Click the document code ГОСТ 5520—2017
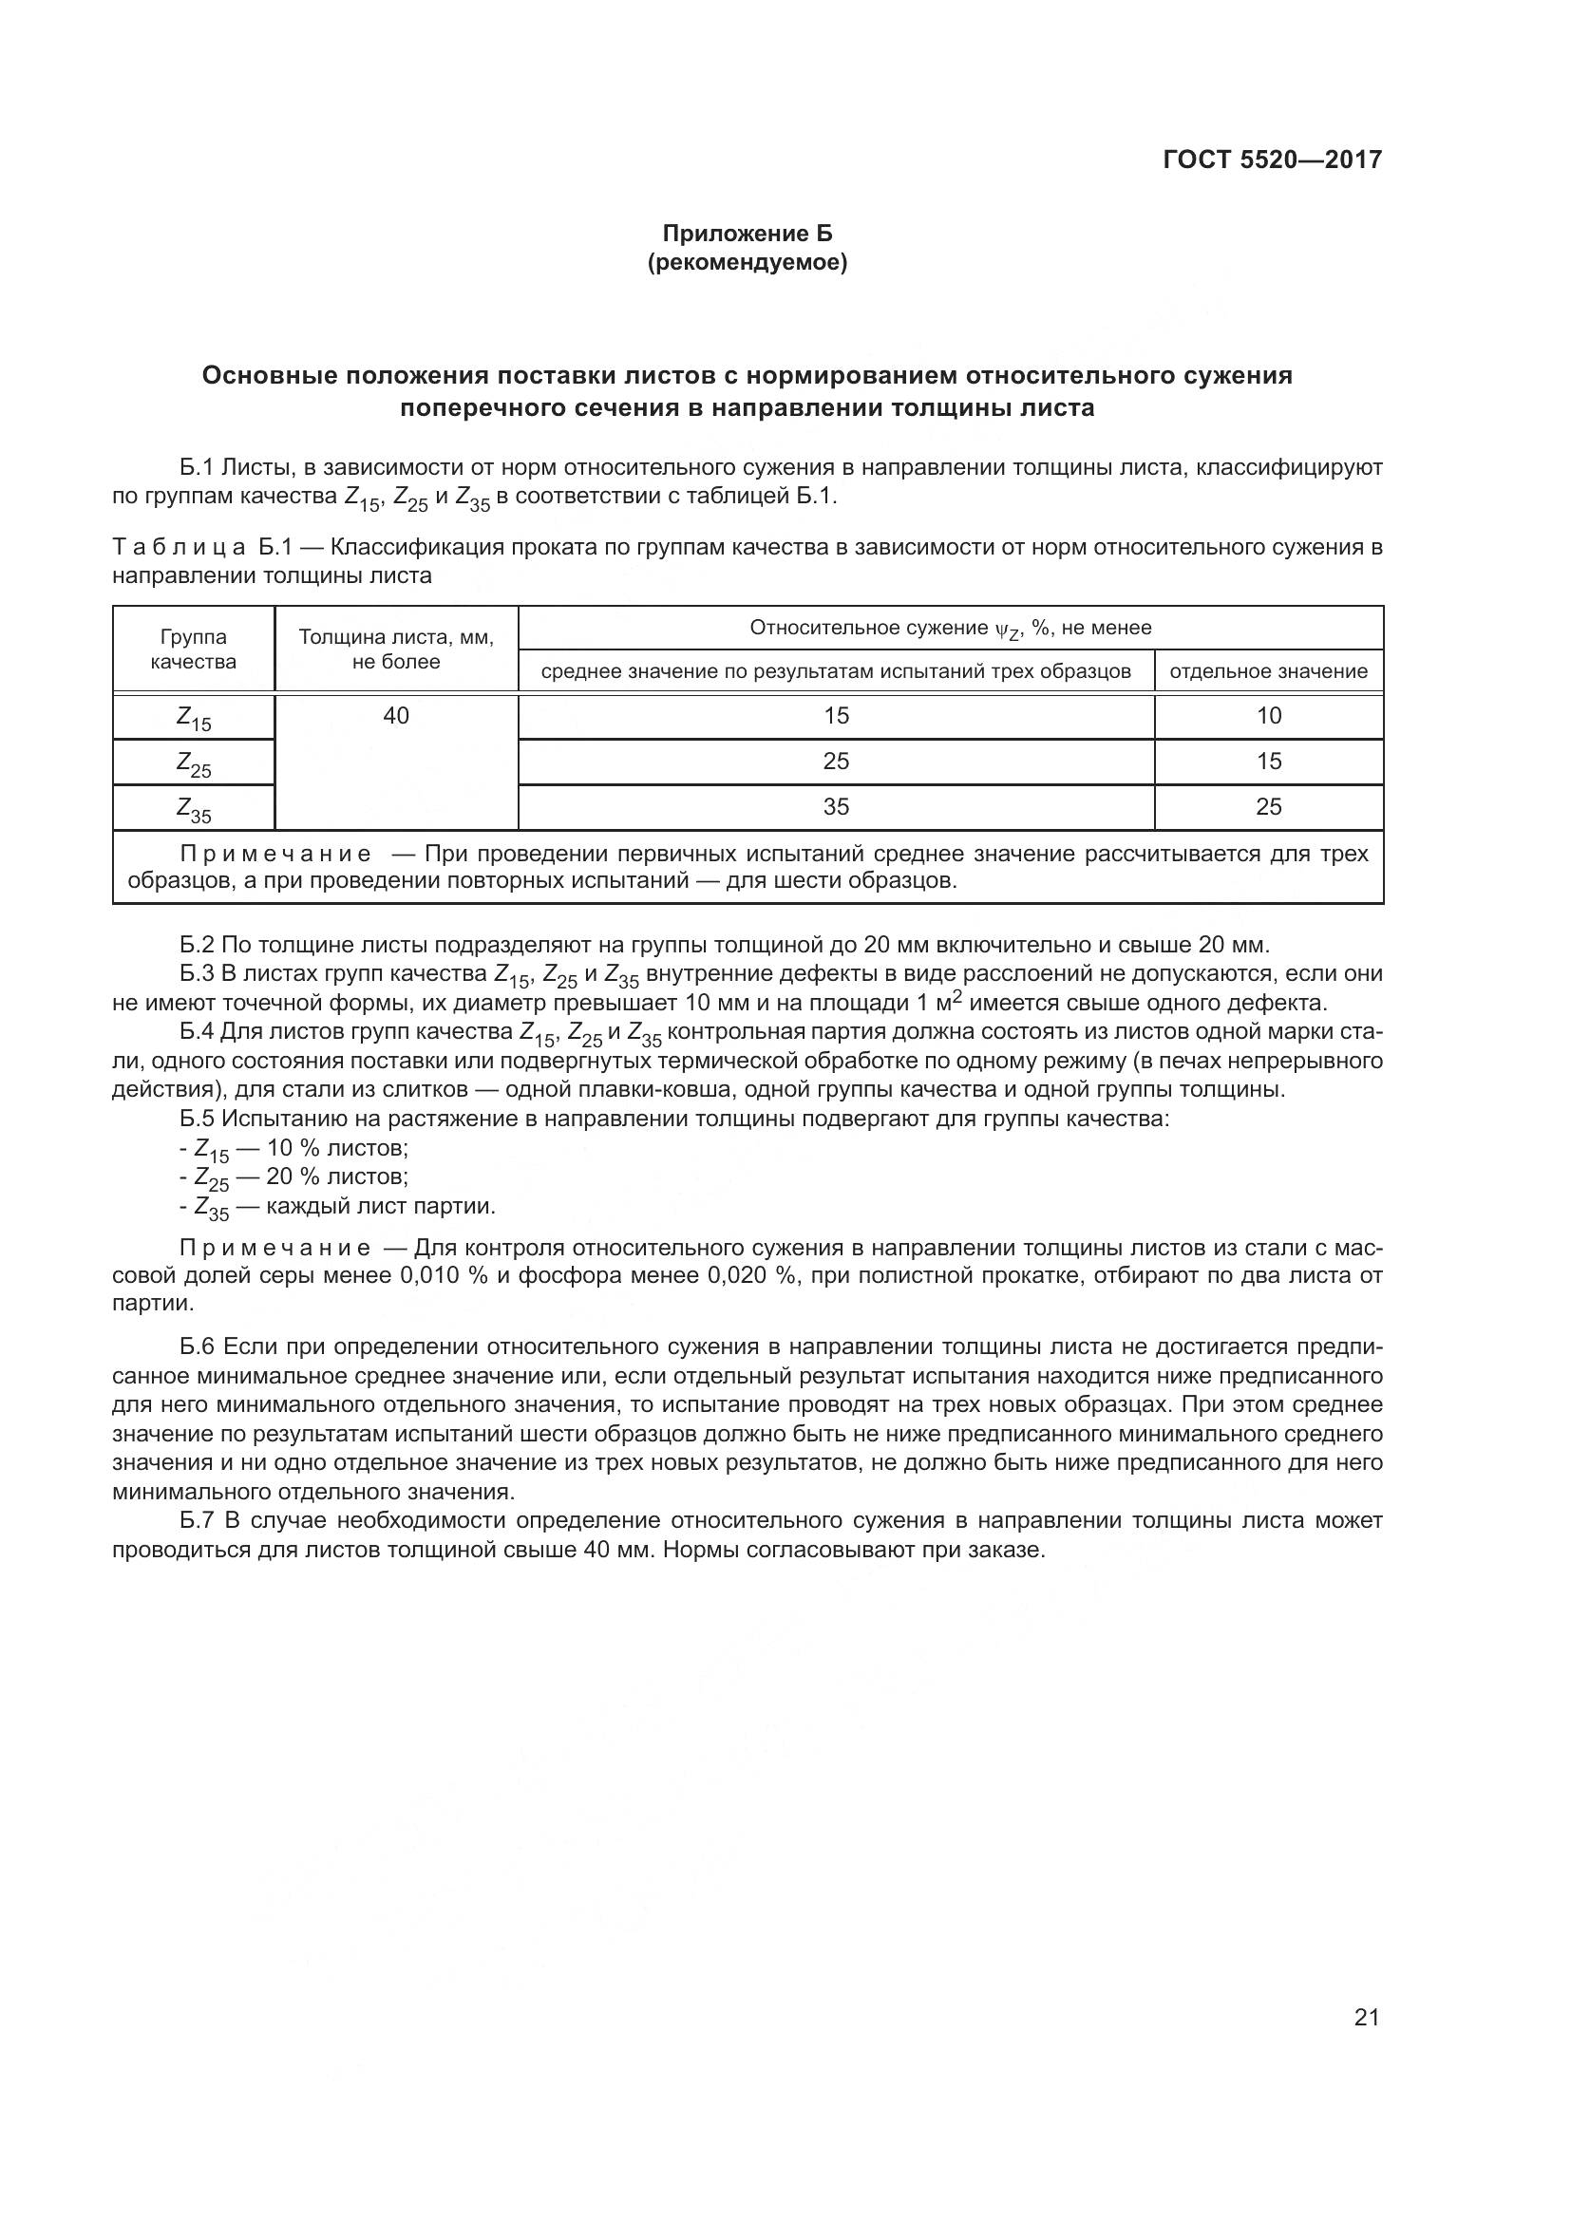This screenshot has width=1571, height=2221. click(1272, 160)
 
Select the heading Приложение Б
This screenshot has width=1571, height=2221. click(747, 234)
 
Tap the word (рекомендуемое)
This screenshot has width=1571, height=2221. click(747, 263)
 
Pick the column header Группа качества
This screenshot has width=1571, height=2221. click(194, 649)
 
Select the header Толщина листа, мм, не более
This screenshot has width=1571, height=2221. click(396, 649)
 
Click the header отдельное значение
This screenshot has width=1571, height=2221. click(1268, 671)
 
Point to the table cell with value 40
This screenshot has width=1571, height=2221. click(396, 716)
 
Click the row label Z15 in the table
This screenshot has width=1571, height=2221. click(194, 719)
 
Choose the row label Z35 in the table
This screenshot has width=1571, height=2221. click(194, 810)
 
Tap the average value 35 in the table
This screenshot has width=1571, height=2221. click(836, 807)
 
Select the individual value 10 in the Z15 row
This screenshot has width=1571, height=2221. click(1268, 716)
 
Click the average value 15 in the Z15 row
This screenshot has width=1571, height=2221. click(836, 716)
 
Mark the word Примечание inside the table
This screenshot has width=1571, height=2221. click(275, 855)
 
